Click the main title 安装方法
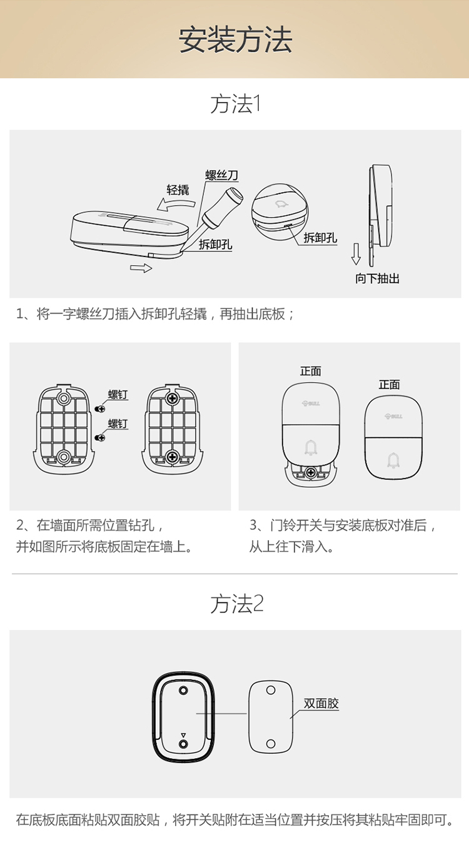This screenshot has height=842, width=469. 235,40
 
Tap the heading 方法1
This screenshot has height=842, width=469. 235,104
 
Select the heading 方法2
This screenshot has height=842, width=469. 237,604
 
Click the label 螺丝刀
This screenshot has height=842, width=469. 222,175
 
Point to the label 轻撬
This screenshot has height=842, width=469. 178,190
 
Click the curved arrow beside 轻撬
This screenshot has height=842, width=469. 176,205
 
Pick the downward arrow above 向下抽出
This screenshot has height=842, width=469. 356,254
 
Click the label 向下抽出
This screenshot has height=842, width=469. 377,278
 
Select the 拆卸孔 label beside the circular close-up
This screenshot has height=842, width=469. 320,238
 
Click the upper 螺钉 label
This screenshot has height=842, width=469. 118,394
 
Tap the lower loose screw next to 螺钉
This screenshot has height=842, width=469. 99,437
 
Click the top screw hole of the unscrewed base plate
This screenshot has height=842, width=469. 64,398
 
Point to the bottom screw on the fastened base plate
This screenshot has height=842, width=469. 173,457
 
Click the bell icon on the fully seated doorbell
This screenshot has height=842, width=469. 393,460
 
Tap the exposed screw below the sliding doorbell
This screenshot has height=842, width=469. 311,472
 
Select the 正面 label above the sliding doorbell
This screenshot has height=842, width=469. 310,372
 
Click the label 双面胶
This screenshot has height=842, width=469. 321,703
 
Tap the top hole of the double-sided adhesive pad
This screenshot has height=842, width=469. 271,690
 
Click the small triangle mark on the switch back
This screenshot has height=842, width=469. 183,735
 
